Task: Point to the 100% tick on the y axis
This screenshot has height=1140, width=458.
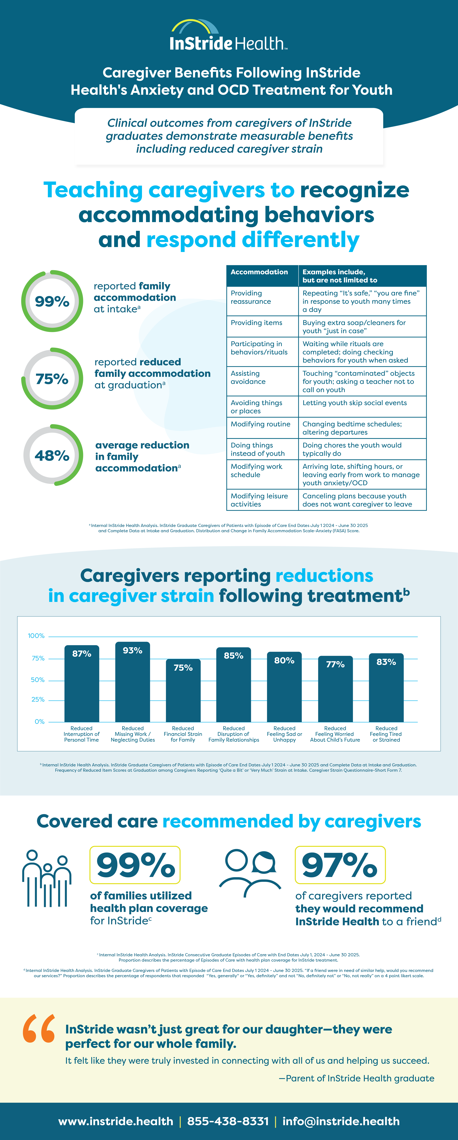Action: coord(36,636)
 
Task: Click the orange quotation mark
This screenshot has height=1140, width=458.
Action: coord(39,1029)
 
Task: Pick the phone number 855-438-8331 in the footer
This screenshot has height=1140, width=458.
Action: coord(228,1121)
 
